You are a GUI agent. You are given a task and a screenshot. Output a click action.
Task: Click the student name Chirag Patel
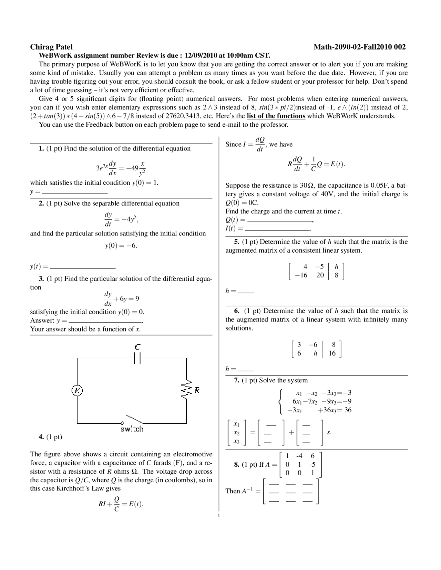[51, 47]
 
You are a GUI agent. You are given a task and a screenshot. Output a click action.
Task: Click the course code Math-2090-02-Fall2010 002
[359, 47]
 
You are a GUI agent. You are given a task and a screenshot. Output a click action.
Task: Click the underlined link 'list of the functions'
[276, 116]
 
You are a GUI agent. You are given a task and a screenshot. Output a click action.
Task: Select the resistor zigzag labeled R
[186, 390]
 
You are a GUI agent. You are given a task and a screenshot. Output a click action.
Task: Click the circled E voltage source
[77, 390]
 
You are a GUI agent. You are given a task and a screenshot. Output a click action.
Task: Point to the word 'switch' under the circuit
[132, 429]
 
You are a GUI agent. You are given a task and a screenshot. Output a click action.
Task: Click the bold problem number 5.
[236, 242]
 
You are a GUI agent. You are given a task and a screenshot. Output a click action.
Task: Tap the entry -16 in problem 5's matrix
[301, 275]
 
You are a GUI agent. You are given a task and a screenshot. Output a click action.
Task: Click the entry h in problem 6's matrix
[315, 353]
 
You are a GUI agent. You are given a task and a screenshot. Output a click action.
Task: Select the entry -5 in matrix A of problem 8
[312, 464]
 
